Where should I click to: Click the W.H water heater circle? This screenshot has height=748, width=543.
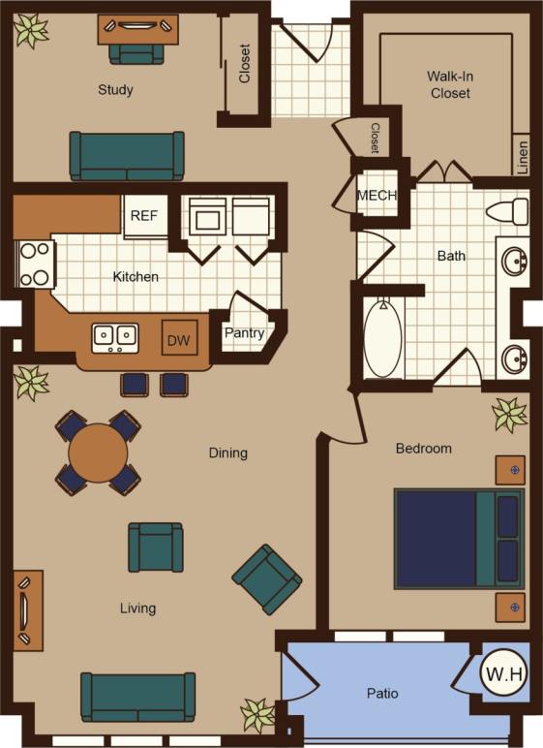click(504, 673)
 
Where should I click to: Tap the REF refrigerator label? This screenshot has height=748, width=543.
click(144, 216)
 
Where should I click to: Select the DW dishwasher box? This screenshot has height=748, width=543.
click(179, 340)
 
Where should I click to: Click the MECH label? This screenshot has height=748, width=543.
click(377, 195)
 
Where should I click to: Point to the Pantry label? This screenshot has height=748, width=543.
click(244, 333)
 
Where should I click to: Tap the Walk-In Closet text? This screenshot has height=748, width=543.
click(449, 84)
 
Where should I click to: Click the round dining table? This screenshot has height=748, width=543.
click(98, 452)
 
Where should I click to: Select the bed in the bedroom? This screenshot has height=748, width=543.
click(458, 539)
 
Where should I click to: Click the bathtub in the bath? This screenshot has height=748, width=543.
click(383, 339)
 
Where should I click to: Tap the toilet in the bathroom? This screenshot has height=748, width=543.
click(508, 210)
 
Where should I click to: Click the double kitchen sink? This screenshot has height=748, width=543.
click(114, 338)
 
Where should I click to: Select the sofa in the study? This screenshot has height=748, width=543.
click(127, 154)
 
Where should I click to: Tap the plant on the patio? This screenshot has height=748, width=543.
click(257, 715)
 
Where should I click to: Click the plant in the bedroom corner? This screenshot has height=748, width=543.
click(509, 415)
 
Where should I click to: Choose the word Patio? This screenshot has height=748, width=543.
click(382, 694)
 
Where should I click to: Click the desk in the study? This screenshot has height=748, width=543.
click(137, 29)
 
